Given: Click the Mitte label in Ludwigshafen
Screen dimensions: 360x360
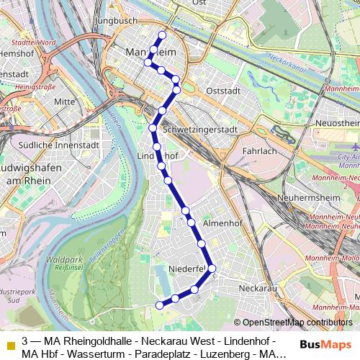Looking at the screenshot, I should click(64, 102).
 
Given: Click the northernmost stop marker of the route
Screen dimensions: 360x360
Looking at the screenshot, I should click(162, 35).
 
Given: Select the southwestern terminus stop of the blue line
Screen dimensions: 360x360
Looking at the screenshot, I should click(160, 306).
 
